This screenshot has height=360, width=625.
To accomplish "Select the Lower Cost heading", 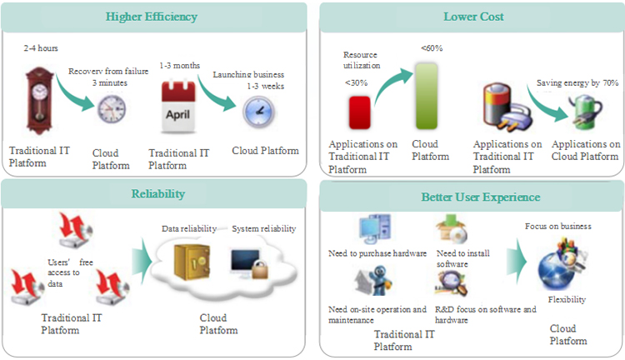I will pyautogui.click(x=472, y=16).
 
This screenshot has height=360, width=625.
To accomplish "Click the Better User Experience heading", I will pyautogui.click(x=472, y=197).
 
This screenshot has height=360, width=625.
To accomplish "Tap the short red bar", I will pyautogui.click(x=360, y=112).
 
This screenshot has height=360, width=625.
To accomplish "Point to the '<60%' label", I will pyautogui.click(x=431, y=48).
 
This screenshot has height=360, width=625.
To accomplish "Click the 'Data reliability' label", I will pyautogui.click(x=189, y=228).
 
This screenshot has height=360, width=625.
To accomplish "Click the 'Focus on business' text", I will pyautogui.click(x=558, y=227).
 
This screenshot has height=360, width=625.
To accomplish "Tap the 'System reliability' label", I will pyautogui.click(x=264, y=228).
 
